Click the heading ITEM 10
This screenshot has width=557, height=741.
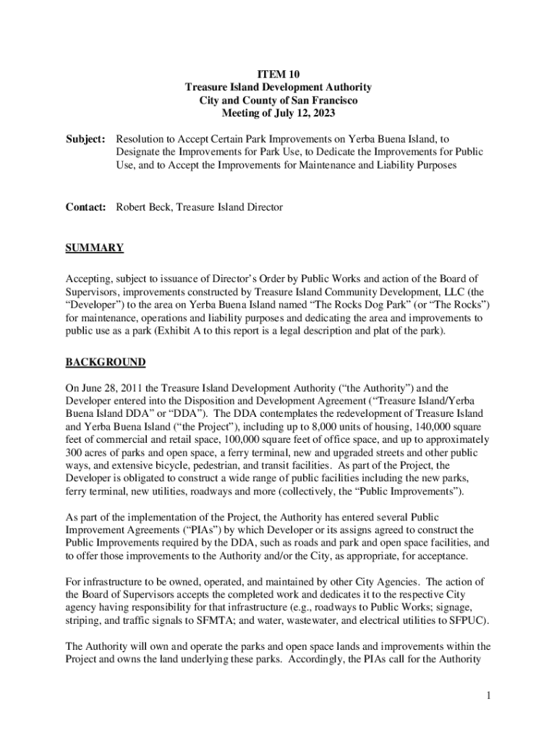278,74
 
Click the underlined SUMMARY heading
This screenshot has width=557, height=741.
95,248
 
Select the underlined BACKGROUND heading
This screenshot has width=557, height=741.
106,362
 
